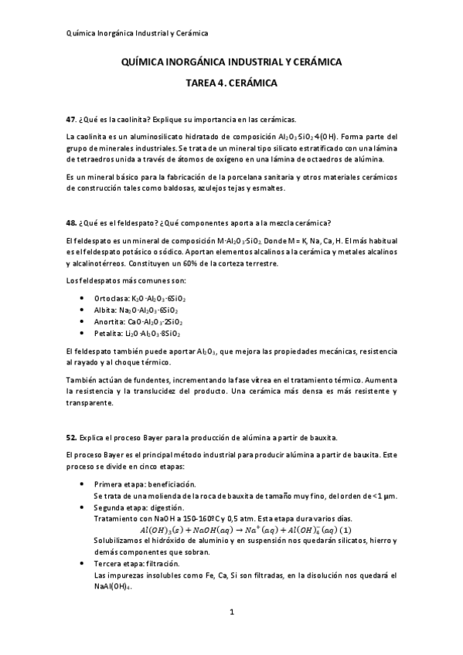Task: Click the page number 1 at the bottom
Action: click(x=232, y=613)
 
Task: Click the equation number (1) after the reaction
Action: click(x=346, y=531)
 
